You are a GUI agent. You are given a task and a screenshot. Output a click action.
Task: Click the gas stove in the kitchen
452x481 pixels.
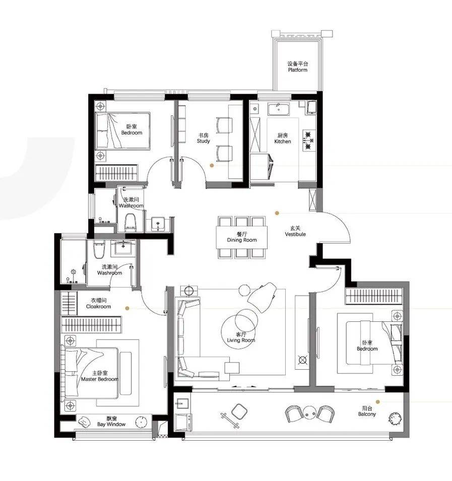tap(309, 141)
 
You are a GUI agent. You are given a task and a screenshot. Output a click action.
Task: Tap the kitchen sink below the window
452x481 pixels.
tap(278, 109)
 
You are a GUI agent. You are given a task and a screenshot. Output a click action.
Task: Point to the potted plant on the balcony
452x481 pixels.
tap(395, 418)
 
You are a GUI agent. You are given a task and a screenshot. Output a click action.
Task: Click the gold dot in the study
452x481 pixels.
tap(212, 165)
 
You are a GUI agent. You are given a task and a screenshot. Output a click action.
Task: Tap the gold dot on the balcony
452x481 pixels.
tap(378, 401)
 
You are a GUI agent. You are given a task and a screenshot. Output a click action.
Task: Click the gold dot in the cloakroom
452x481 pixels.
tap(127, 308)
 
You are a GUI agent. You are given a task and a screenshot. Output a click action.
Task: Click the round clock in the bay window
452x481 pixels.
tap(141, 422)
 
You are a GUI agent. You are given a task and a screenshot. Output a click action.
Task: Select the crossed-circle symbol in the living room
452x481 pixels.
tap(302, 360)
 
